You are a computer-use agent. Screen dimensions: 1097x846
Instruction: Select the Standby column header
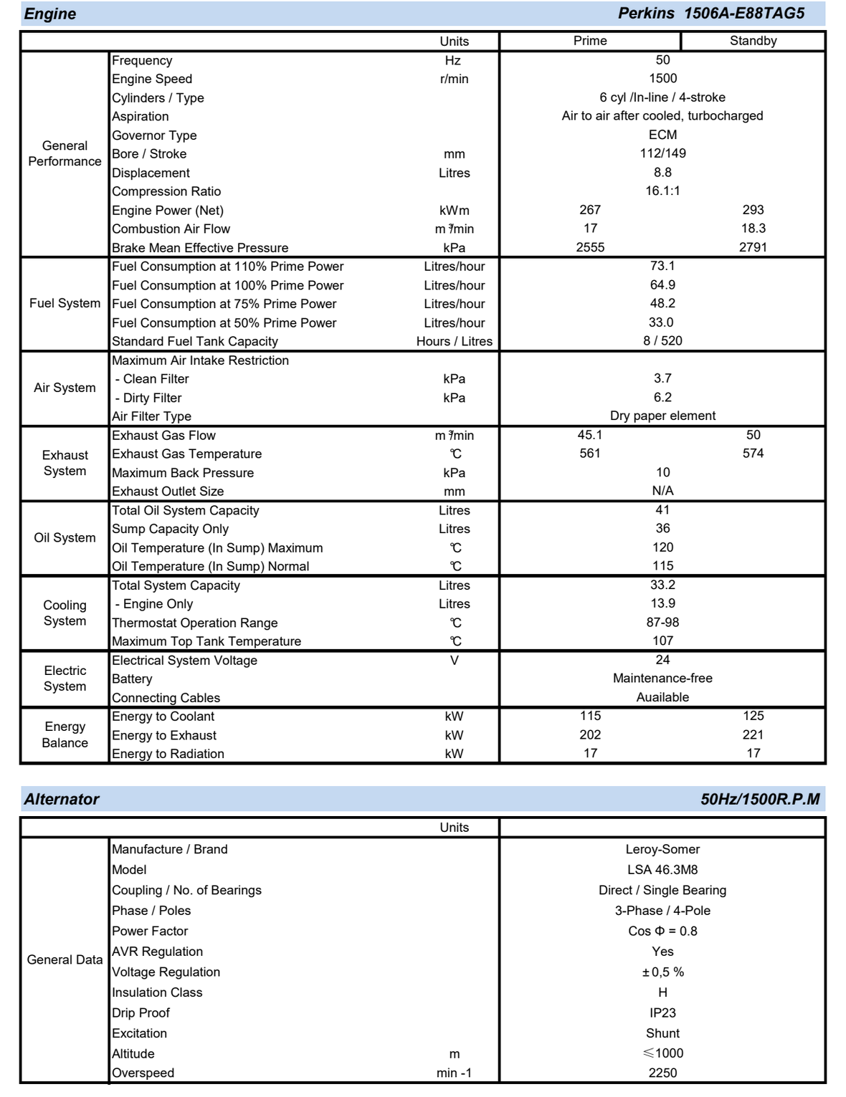[x=753, y=41]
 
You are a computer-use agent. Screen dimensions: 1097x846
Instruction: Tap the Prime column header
[x=590, y=41]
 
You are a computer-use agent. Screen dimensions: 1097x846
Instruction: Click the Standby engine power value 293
[x=753, y=210]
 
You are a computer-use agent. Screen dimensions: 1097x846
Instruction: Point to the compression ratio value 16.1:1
[x=662, y=191]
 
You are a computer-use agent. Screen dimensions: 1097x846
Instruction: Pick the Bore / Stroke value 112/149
[x=662, y=153]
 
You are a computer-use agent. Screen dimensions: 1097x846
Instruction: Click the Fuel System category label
[x=65, y=303]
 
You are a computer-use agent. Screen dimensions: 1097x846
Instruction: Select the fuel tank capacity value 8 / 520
[x=662, y=341]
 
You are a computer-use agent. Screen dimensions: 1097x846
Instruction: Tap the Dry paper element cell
[x=662, y=416]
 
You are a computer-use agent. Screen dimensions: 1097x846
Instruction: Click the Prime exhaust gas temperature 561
[x=590, y=454]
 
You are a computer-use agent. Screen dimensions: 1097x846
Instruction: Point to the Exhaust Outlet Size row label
[x=168, y=492]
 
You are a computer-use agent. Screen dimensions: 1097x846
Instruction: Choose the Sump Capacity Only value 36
[x=662, y=529]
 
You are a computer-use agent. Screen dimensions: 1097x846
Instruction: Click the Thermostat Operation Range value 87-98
[x=662, y=623]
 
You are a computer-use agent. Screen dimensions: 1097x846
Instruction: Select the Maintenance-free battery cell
[x=662, y=679]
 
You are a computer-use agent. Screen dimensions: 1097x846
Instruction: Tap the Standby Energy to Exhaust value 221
[x=753, y=735]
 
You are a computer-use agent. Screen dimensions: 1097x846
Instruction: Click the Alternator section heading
[x=62, y=800]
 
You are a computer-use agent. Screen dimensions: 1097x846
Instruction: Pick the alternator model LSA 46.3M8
[x=662, y=870]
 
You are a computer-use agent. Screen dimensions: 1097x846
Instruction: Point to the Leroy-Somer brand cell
[x=662, y=850]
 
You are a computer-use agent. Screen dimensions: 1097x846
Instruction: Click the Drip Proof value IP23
[x=662, y=1013]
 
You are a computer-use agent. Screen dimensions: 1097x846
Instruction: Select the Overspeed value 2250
[x=662, y=1073]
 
